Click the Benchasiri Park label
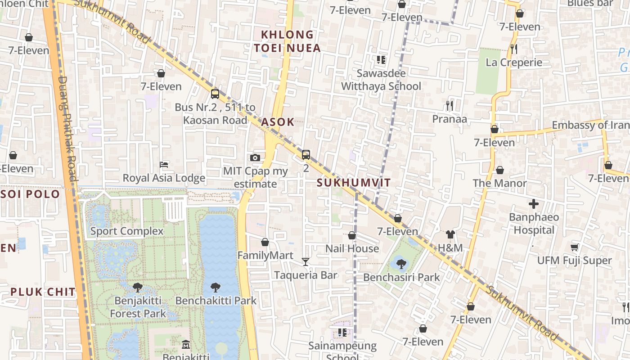[401, 277]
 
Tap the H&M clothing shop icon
[450, 234]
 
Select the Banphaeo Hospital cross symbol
[534, 204]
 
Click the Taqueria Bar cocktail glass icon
[306, 261]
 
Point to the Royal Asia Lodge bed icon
[164, 165]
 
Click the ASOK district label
[278, 122]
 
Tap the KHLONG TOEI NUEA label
[287, 41]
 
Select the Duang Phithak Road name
[67, 130]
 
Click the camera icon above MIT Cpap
[255, 157]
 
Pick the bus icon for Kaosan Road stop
[215, 94]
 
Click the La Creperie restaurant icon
[514, 49]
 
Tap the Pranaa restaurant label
[450, 119]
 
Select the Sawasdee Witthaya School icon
[381, 59]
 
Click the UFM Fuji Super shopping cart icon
[575, 247]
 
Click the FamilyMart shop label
[265, 256]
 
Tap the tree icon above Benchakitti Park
[216, 287]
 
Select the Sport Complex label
[127, 231]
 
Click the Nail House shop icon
[352, 235]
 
